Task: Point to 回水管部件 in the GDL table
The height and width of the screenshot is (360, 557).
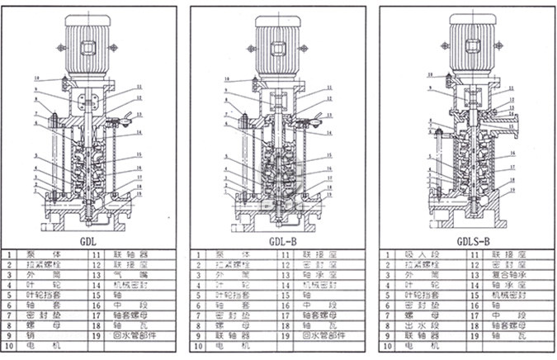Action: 139,336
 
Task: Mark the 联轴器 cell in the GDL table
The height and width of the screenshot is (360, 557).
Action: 139,256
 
